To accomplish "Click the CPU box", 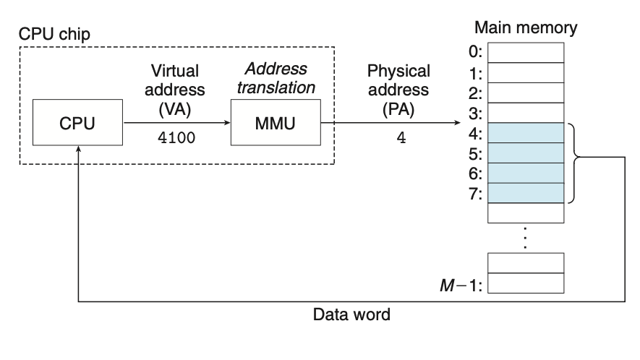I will click(x=78, y=124).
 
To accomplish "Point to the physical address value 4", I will click(x=400, y=137).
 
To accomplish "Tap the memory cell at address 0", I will click(x=526, y=52).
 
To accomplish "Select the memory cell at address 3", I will click(x=526, y=113).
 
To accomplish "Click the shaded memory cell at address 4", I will click(x=526, y=133).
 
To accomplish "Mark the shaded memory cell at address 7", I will click(x=526, y=194).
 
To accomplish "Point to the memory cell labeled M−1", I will click(x=526, y=283).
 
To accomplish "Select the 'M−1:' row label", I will click(x=466, y=283).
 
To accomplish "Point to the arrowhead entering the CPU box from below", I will click(x=78, y=147).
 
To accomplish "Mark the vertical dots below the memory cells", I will click(x=526, y=236).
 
